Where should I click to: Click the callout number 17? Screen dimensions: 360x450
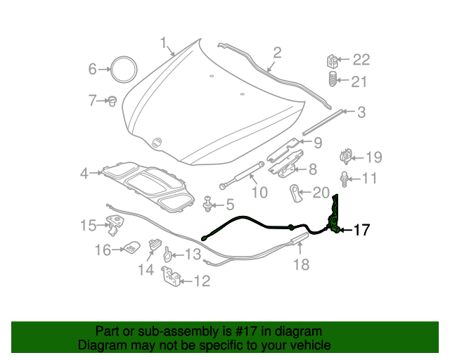360,229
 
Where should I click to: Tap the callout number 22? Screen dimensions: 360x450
360,60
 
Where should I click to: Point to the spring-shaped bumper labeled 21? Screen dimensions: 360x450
333,82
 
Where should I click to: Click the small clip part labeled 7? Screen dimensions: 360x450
111,101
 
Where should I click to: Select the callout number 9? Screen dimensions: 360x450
318,143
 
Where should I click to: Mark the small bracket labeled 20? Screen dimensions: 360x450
297,191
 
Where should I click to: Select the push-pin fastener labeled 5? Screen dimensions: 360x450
208,205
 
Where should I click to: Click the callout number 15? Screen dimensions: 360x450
88,226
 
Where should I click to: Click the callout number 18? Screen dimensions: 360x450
301,264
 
